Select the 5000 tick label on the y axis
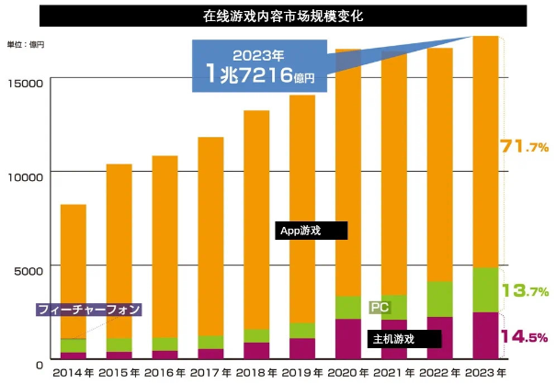tap(28, 270)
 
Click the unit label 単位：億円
tap(26, 44)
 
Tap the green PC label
tap(379, 307)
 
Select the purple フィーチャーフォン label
tap(88, 310)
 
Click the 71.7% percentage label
tap(524, 146)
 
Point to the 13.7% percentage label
tap(524, 291)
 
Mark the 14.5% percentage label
tap(524, 336)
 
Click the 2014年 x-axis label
tap(74, 373)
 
